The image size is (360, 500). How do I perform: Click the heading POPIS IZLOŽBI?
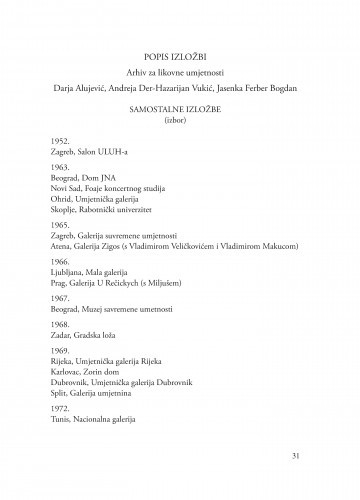tap(180, 58)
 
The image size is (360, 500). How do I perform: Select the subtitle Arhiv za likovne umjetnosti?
tap(180, 76)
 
